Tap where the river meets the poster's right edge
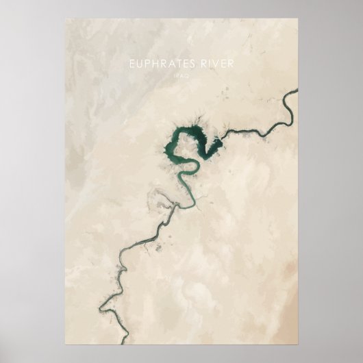[x=297, y=90]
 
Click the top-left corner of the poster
[x=66, y=18]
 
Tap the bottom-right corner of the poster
[x=298, y=344]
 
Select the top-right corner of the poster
[x=298, y=18]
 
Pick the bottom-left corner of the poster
[x=66, y=344]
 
